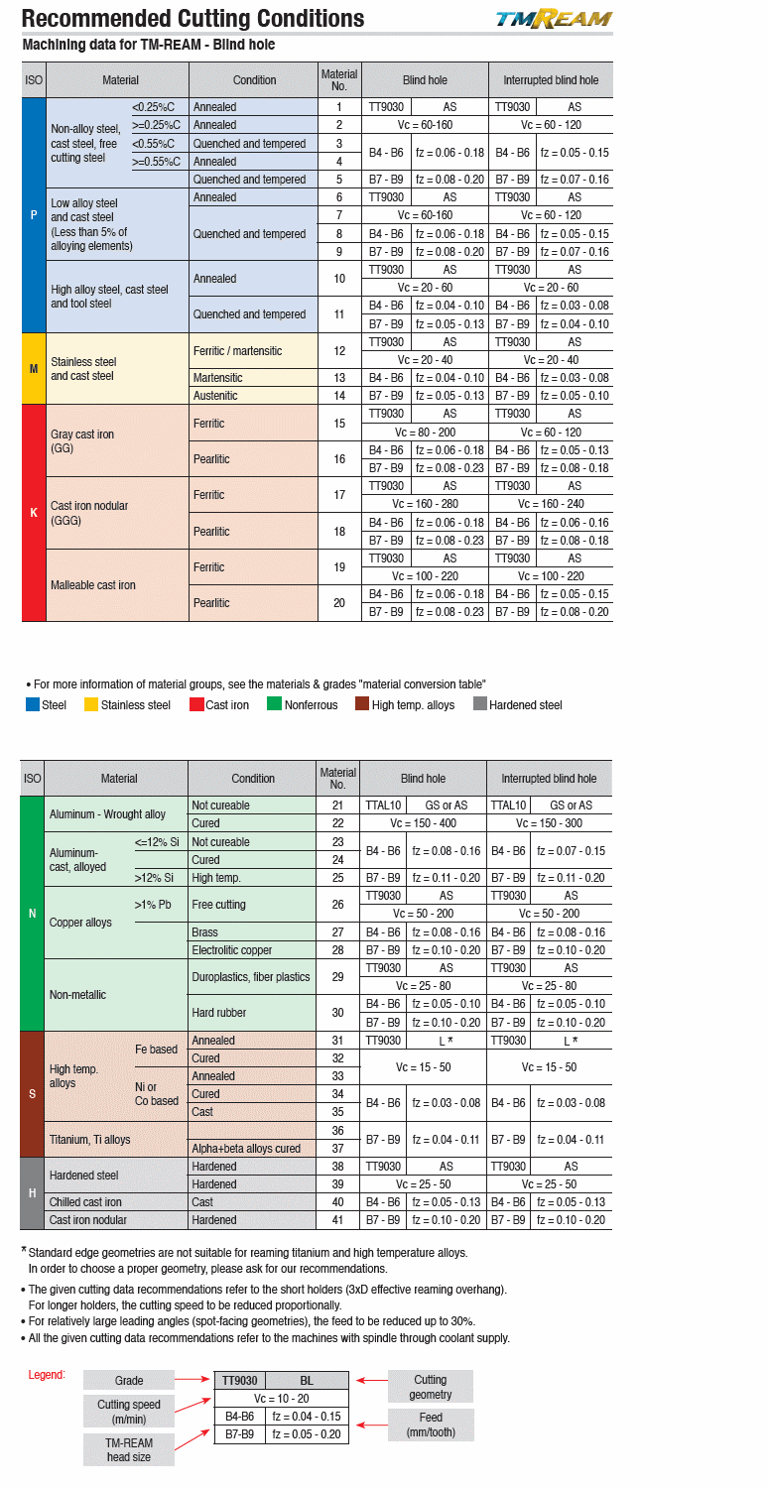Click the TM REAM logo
point(554,20)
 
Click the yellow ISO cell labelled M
point(34,368)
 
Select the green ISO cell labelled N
point(33,913)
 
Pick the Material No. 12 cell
point(339,350)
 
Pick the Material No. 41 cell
point(337,1220)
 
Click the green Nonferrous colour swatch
point(270,705)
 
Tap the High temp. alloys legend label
point(413,705)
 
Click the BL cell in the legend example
point(307,1380)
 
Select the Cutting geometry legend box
point(430,1386)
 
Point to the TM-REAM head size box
point(129,1449)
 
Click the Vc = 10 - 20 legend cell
point(282,1398)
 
